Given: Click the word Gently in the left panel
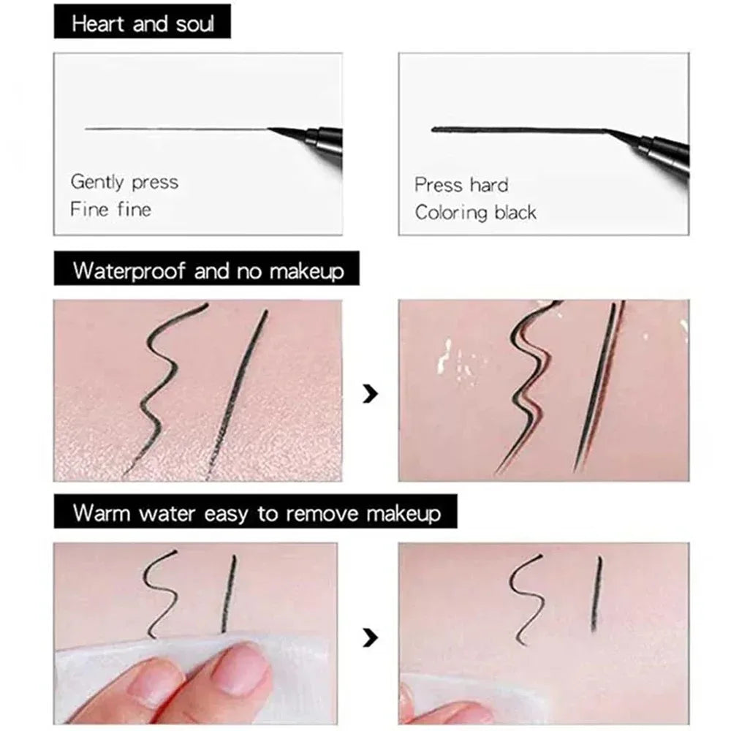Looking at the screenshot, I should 97,182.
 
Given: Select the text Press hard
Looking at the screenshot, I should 461,185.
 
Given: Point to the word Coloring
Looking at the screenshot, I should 450,213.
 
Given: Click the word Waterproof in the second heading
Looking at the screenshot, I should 129,271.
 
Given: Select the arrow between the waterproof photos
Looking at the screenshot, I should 371,395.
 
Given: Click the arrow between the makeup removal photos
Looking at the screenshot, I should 371,639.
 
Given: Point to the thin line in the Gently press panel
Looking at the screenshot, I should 175,129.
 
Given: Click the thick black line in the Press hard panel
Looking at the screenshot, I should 512,130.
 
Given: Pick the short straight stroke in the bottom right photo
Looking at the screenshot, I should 596,592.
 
